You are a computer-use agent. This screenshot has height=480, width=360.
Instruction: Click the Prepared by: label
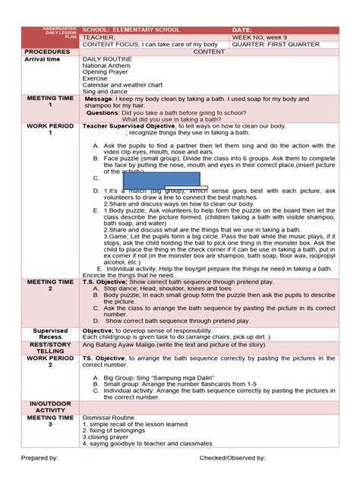(x=41, y=459)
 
